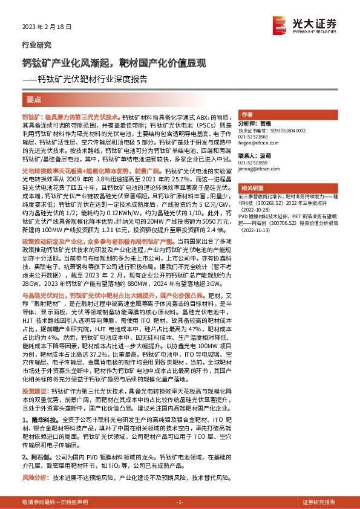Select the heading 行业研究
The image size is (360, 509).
[33, 45]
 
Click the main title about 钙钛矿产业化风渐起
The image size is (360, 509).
[114, 63]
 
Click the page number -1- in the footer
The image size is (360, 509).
[180, 502]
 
